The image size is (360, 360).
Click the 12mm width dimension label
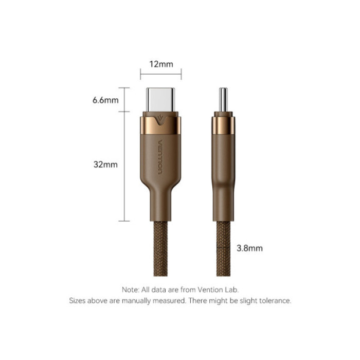[x=160, y=64]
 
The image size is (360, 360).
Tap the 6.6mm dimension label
[x=105, y=100]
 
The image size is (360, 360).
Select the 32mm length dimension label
[x=106, y=165]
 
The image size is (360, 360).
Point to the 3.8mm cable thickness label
[x=249, y=248]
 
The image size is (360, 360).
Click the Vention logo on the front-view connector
[x=160, y=157]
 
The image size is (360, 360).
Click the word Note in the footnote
[x=130, y=290]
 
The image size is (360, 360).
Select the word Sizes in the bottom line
[x=79, y=300]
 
